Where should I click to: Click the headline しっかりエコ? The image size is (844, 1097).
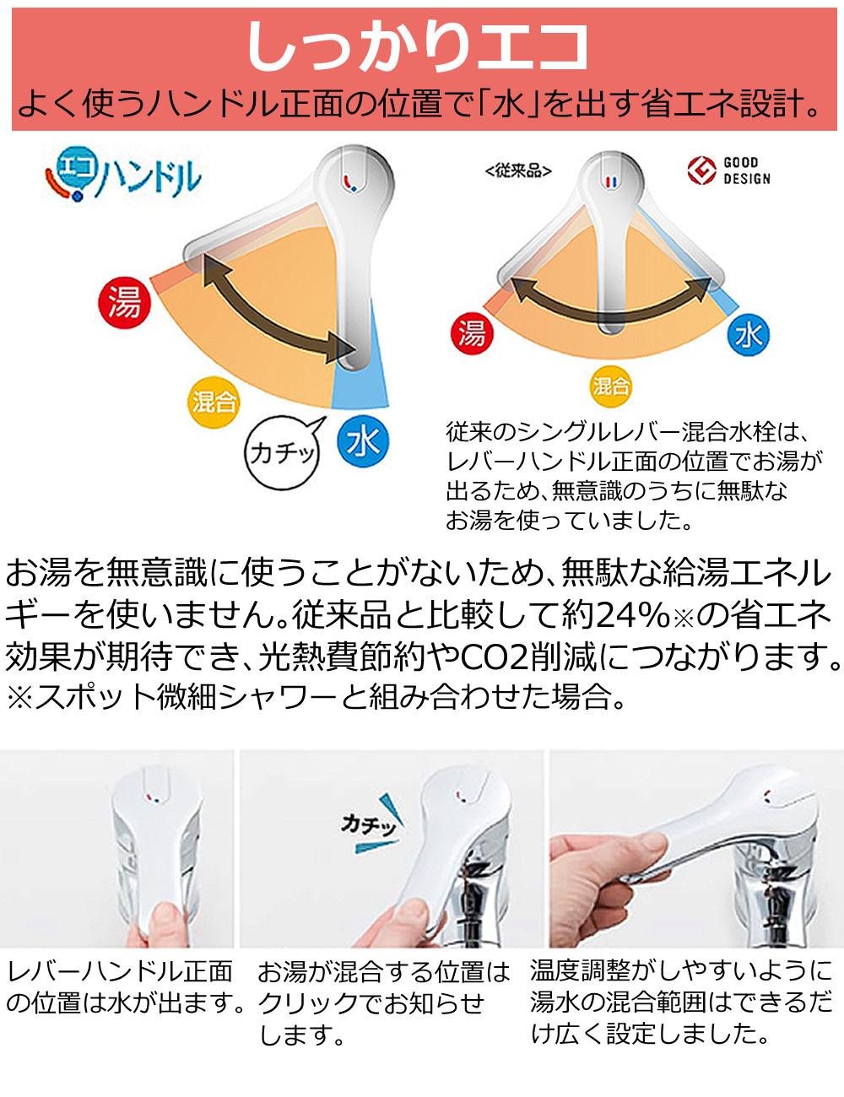coord(418,47)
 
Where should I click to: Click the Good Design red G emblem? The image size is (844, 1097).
coord(701,170)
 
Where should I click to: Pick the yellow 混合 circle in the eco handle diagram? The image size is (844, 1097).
coord(214,403)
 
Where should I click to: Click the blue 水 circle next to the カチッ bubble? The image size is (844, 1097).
coord(363,440)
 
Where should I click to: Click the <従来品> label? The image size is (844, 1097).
coord(518,171)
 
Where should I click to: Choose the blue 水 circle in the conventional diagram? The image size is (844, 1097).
coord(749,335)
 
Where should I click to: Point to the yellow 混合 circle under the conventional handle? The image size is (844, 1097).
coord(611,386)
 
